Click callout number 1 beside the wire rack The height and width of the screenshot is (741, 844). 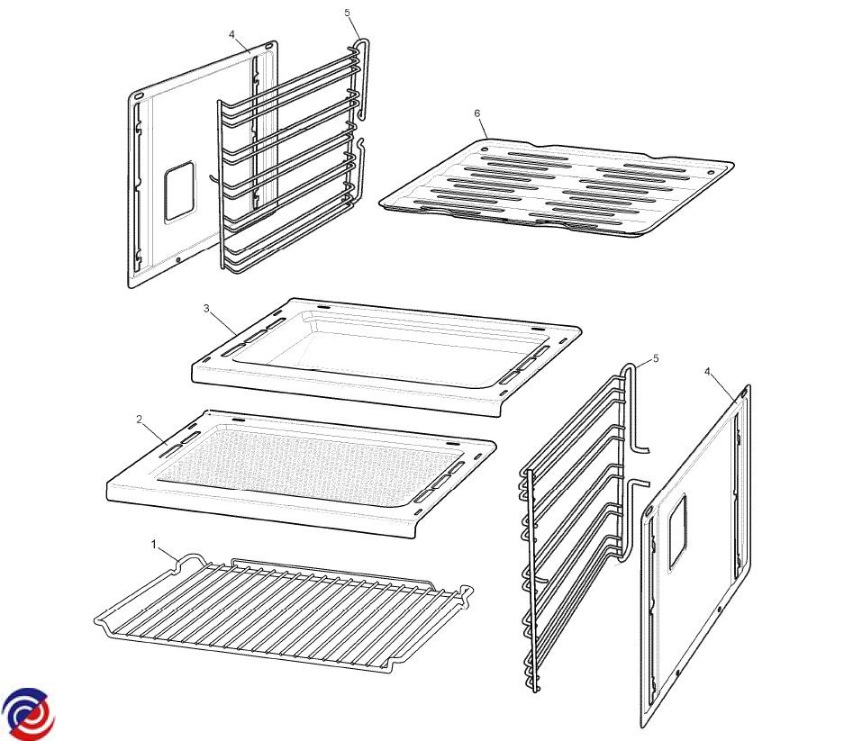coord(153,545)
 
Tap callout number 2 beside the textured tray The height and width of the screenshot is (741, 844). coord(140,420)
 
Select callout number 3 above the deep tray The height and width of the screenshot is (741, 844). coord(206,308)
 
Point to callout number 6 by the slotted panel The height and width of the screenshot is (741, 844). coord(476,113)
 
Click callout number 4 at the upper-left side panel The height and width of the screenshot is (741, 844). coord(232,34)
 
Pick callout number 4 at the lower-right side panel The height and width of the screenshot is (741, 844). coord(707,371)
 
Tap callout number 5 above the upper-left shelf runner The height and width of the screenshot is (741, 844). coord(347,13)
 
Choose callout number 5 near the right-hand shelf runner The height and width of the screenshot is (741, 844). coord(656,358)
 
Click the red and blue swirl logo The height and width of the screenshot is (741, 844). coord(28,712)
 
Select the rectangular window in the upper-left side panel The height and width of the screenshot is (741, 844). coord(179,192)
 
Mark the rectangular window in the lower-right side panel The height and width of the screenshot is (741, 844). coord(677,533)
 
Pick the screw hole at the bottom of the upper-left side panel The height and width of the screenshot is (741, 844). coord(178,260)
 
